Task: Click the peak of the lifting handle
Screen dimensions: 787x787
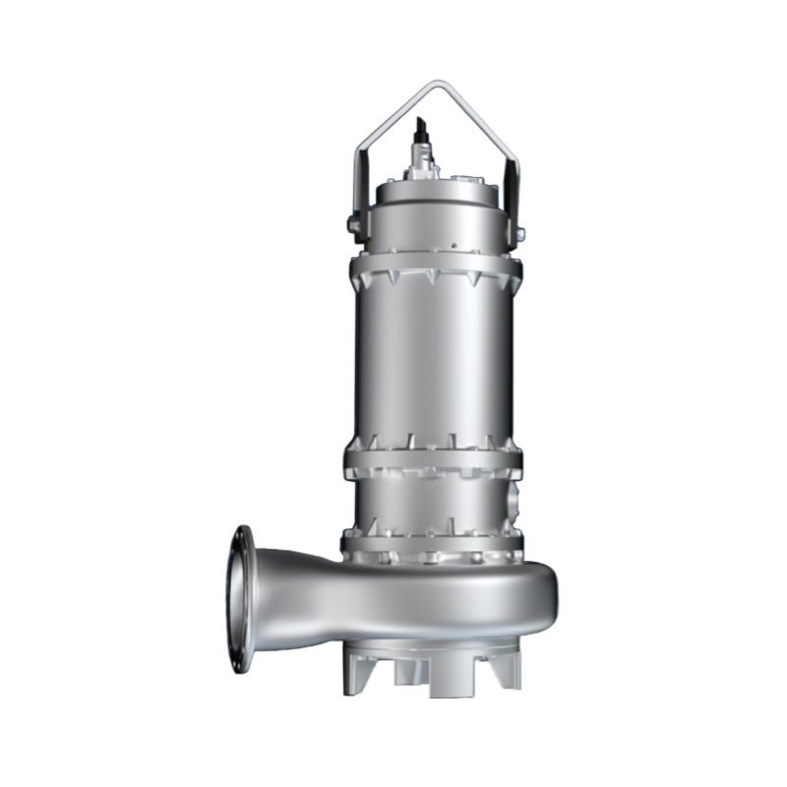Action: [433, 85]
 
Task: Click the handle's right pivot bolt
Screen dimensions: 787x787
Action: [518, 233]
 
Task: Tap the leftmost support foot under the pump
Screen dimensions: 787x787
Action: [355, 673]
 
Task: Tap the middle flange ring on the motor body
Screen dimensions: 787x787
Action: [433, 457]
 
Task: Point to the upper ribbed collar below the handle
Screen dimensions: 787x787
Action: [433, 270]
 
